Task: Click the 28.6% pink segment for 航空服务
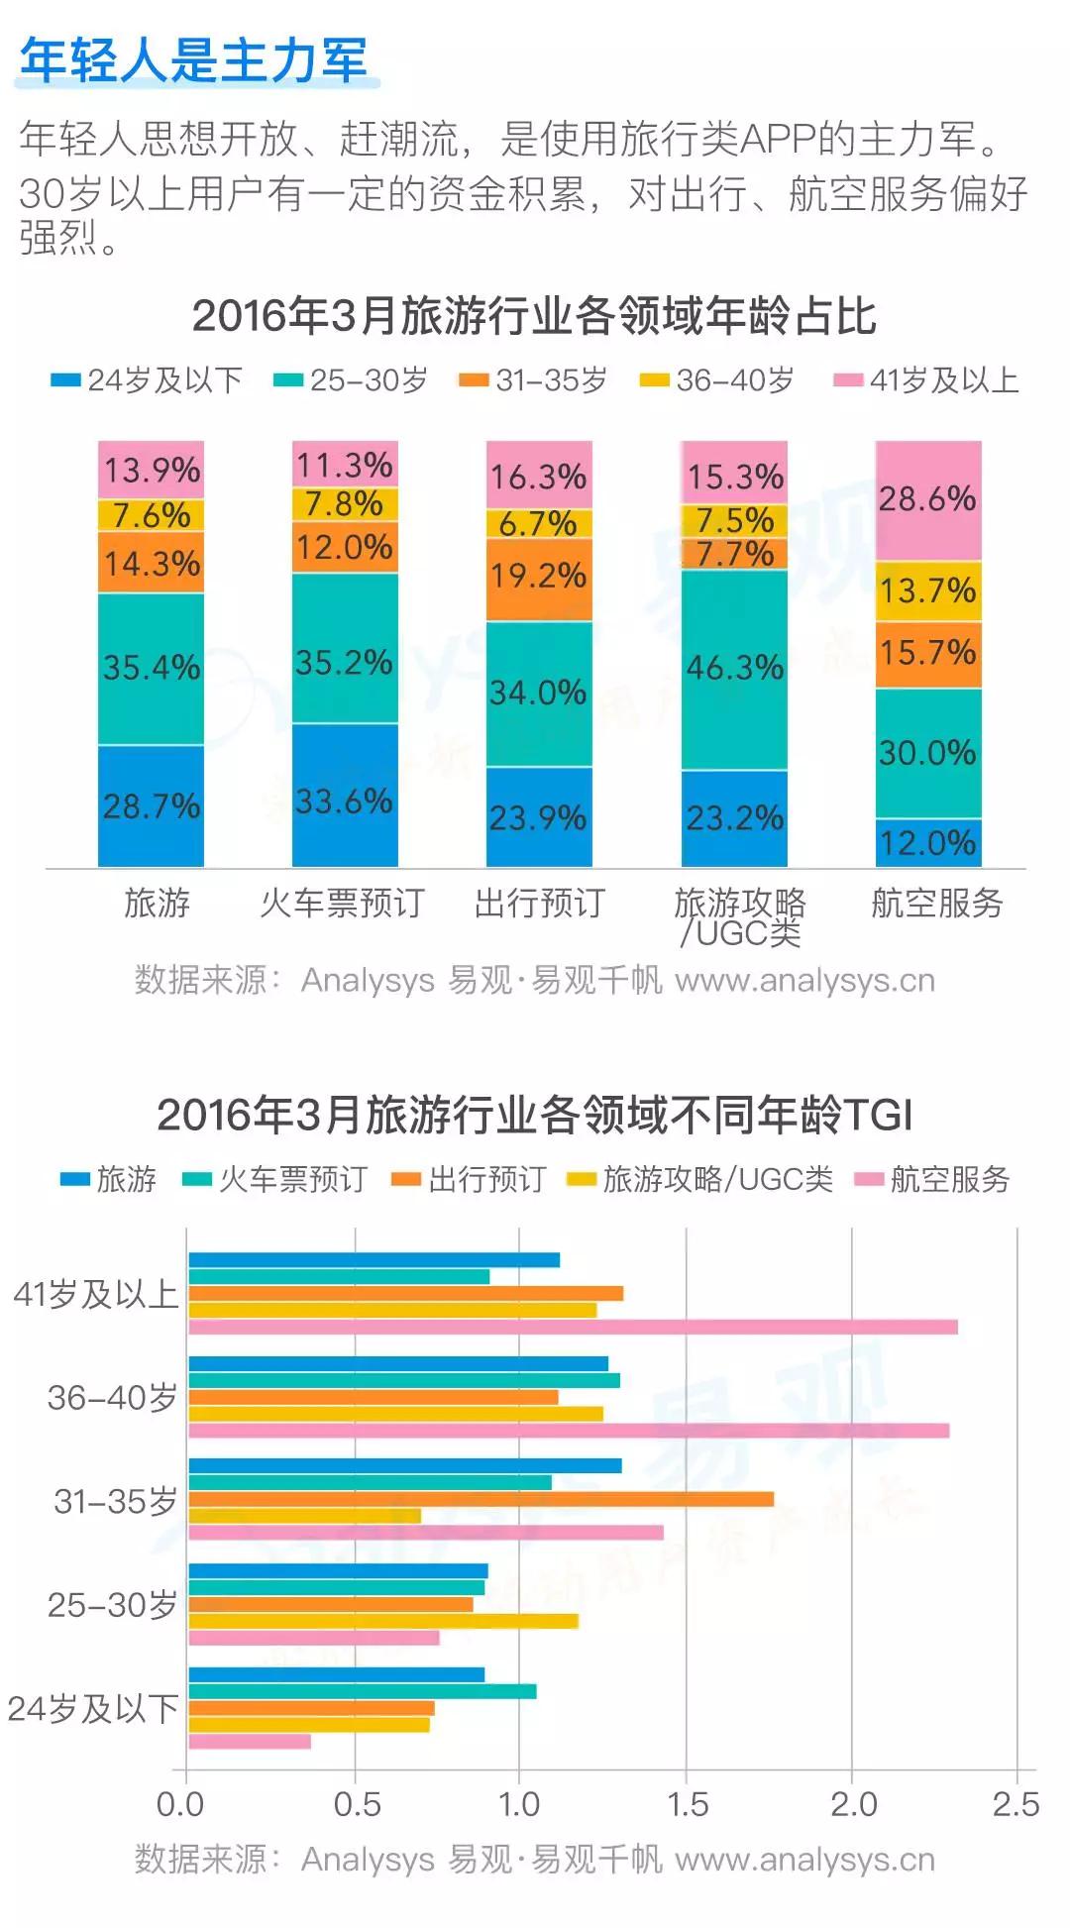click(928, 500)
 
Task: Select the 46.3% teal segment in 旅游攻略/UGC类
click(734, 669)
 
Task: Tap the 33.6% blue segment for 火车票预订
click(345, 797)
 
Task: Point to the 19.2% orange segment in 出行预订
click(539, 579)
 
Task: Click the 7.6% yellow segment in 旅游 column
click(151, 515)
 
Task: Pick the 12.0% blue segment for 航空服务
click(928, 843)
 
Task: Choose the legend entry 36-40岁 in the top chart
click(719, 380)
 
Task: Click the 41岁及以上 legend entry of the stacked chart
click(927, 380)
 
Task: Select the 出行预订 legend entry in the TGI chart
click(471, 1178)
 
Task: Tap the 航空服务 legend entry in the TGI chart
click(933, 1178)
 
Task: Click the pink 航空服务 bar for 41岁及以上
click(573, 1327)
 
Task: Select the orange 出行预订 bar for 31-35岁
click(481, 1499)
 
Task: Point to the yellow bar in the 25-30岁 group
click(382, 1621)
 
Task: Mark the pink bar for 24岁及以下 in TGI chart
click(250, 1741)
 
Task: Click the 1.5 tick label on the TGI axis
click(687, 1804)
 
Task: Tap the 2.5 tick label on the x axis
click(1016, 1804)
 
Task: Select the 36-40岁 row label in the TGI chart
click(112, 1397)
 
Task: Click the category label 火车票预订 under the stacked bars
click(343, 903)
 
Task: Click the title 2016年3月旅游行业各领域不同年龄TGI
click(534, 1115)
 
